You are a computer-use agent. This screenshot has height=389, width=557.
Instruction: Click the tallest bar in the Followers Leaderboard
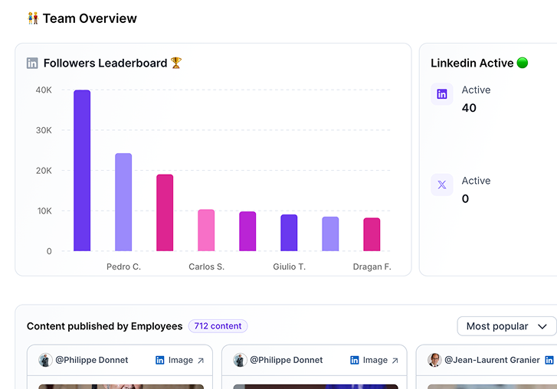(82, 170)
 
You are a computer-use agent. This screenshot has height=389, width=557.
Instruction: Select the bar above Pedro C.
(123, 202)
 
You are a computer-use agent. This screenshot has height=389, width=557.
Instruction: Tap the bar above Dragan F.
(372, 234)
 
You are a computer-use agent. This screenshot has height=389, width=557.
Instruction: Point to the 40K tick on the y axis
(44, 90)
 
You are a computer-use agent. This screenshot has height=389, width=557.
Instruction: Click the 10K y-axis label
(44, 211)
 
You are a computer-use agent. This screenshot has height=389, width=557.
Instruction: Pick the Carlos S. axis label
(206, 267)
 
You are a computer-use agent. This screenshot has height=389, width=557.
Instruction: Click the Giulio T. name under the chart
(289, 267)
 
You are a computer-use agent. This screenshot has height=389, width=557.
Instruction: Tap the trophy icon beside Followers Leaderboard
(176, 63)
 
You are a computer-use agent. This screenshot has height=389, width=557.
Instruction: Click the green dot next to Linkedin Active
(523, 63)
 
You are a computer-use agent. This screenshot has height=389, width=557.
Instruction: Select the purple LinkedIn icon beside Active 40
(442, 94)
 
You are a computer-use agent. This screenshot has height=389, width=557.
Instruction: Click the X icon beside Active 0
(442, 185)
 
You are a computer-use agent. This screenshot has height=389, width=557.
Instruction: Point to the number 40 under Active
(469, 108)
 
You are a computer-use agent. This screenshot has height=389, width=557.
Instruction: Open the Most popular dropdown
(506, 326)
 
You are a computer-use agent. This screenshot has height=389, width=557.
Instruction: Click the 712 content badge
(218, 326)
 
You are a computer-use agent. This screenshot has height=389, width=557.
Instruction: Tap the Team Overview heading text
(90, 18)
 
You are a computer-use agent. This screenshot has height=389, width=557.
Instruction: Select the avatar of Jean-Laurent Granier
(434, 360)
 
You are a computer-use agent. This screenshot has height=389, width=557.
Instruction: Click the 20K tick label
(44, 171)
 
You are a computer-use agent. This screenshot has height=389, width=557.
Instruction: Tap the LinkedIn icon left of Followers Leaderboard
(32, 64)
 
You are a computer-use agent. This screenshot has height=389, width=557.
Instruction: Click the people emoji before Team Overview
(33, 18)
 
